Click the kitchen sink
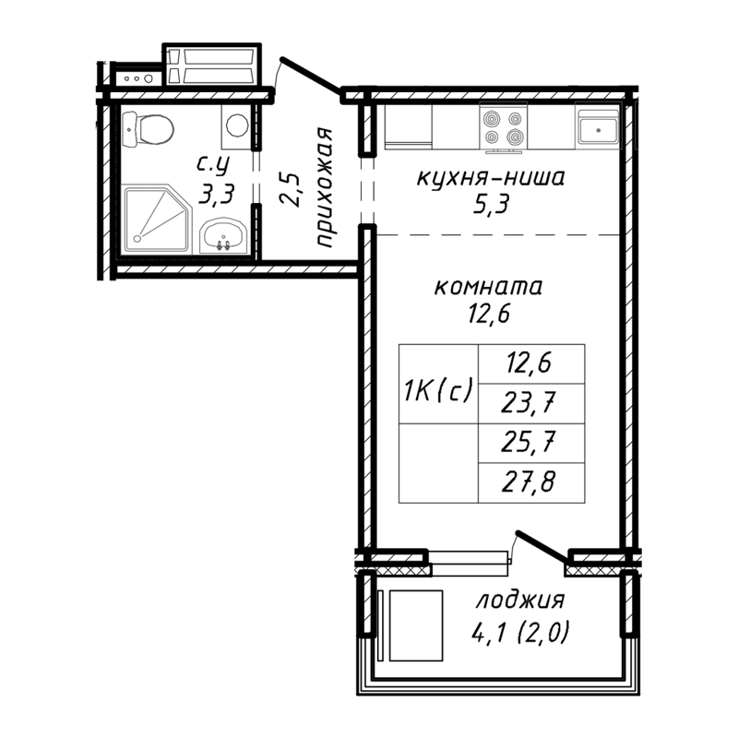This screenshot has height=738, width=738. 599,127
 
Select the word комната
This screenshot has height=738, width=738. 489,286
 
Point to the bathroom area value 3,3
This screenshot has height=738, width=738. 216,193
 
